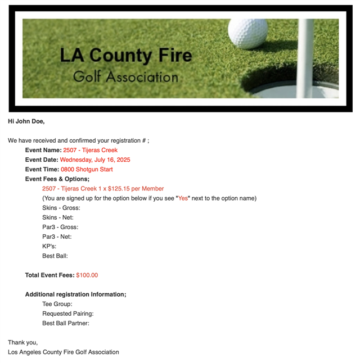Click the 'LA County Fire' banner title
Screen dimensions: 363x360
pyautogui.click(x=125, y=56)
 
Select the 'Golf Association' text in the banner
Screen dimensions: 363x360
pyautogui.click(x=125, y=76)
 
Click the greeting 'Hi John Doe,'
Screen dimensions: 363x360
pyautogui.click(x=26, y=121)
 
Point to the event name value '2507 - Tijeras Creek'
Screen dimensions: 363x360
pyautogui.click(x=91, y=150)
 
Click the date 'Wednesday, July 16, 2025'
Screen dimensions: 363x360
pyautogui.click(x=95, y=160)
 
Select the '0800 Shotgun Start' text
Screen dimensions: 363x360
pyautogui.click(x=87, y=169)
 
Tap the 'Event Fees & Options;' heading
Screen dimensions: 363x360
pyautogui.click(x=57, y=179)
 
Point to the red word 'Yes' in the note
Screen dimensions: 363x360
pyautogui.click(x=183, y=198)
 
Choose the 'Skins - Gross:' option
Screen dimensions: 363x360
pyautogui.click(x=61, y=208)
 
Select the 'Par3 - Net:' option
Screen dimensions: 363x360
pyautogui.click(x=57, y=237)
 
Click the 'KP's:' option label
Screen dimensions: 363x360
pyautogui.click(x=49, y=246)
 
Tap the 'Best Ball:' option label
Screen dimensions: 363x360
pyautogui.click(x=55, y=256)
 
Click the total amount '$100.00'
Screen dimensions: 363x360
pyautogui.click(x=87, y=275)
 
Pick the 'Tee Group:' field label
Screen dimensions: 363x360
pyautogui.click(x=57, y=304)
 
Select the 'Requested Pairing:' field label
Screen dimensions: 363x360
pyautogui.click(x=68, y=314)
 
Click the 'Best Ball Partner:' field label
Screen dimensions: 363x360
pyautogui.click(x=66, y=323)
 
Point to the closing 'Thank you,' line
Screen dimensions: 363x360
pyautogui.click(x=23, y=342)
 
